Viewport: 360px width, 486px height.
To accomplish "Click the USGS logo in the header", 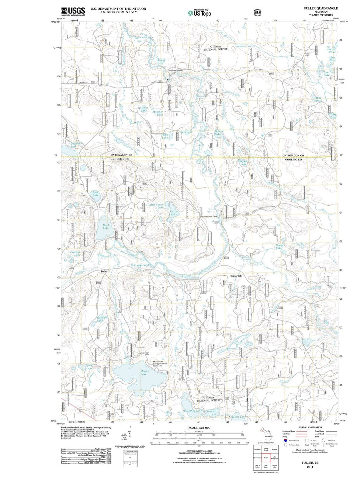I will point(73,12).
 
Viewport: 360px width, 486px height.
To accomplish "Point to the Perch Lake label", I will point(106,227).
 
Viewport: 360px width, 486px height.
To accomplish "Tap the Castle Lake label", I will point(174,213).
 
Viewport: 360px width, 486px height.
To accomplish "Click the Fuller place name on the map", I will point(104,271).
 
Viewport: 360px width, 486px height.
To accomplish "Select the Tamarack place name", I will point(236,276).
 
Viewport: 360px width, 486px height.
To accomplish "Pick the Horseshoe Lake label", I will point(192,411).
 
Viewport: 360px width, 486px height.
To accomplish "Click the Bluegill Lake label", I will point(279,246).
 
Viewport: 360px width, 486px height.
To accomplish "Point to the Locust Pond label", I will point(331,50).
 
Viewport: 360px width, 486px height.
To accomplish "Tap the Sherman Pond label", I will point(140,265).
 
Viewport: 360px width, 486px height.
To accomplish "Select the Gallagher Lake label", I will point(102,319).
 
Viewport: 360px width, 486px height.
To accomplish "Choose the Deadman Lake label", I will point(76,145).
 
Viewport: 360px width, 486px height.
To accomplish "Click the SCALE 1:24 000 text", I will point(199,428).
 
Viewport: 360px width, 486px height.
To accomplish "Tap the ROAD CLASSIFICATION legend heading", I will point(310,427).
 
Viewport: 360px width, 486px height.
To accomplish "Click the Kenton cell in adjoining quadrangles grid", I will point(274,449).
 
